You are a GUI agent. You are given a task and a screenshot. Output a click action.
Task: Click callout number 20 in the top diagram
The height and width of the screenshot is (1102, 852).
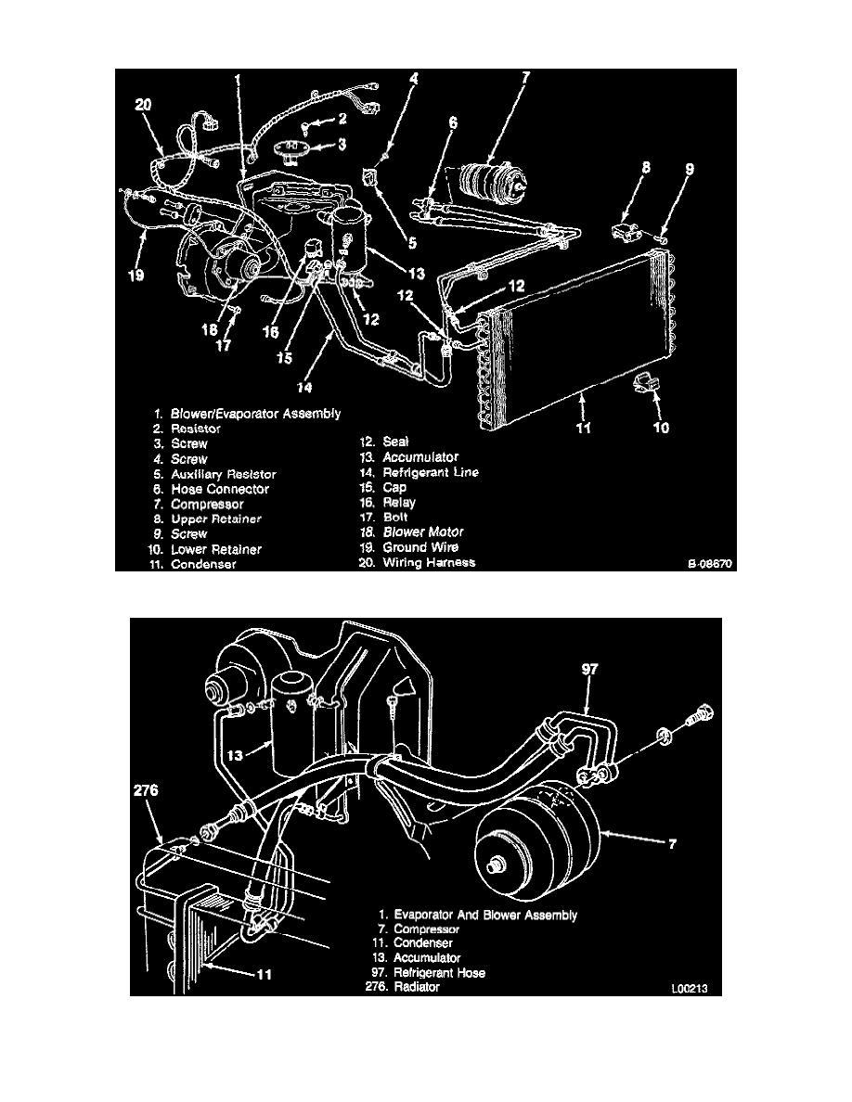coord(142,106)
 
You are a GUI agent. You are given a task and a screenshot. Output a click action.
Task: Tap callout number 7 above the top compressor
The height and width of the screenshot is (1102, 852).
coord(525,78)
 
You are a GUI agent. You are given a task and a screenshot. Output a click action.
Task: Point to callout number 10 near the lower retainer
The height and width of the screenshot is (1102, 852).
coord(661,428)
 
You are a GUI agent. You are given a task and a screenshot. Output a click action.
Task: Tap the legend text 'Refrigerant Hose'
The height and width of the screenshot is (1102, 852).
coord(440,973)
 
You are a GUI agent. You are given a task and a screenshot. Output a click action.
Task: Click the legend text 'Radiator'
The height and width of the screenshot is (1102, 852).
coord(417,988)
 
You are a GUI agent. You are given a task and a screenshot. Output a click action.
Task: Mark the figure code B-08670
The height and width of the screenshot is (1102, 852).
coord(711,562)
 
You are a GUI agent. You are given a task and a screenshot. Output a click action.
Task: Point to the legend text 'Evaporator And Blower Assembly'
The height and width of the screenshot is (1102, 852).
coord(485,915)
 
